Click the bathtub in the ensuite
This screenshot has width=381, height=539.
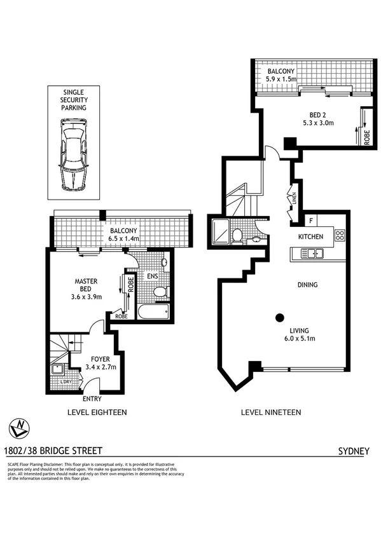pyautogui.click(x=152, y=312)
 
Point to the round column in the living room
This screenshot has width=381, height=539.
pyautogui.click(x=279, y=317)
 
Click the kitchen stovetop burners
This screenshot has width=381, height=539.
pyautogui.click(x=339, y=236)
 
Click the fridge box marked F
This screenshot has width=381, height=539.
pyautogui.click(x=311, y=221)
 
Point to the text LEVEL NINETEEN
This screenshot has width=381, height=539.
pyautogui.click(x=271, y=413)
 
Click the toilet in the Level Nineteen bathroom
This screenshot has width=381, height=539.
pyautogui.click(x=237, y=235)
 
